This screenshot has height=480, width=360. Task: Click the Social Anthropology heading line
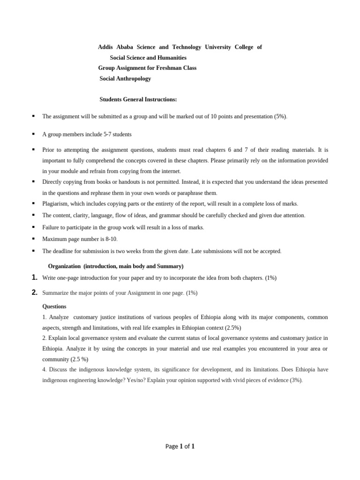[125, 79]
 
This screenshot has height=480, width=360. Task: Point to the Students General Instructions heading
[138, 99]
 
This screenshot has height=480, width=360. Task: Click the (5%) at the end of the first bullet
[280, 116]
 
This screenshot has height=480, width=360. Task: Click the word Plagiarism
[55, 203]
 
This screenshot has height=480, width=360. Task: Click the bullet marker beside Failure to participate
[33, 227]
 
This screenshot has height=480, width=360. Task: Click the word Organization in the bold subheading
[64, 266]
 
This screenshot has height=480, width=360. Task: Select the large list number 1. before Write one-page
[35, 277]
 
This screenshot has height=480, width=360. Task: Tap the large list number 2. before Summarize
[35, 292]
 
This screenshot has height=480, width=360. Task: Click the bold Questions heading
[54, 307]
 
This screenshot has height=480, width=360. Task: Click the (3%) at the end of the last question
[295, 380]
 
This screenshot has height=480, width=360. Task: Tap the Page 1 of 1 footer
[180, 446]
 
